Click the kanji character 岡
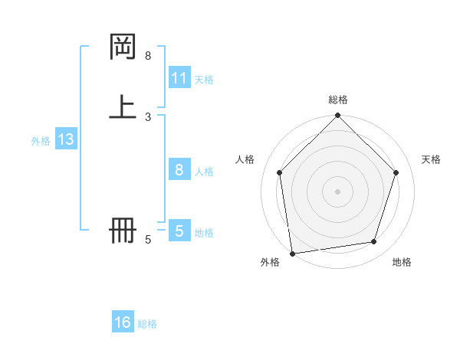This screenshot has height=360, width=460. [123, 47]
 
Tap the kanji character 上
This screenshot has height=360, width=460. [123, 107]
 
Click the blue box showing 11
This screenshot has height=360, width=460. [179, 78]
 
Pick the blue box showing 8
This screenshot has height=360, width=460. [179, 170]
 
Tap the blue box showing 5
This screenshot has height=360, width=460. [179, 231]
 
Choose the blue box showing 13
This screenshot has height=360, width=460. [65, 139]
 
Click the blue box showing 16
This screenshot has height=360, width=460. [123, 322]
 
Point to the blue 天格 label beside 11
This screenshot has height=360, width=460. [204, 79]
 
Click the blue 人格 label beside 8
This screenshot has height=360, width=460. [204, 171]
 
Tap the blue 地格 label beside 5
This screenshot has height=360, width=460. [204, 232]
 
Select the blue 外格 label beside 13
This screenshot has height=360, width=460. [41, 140]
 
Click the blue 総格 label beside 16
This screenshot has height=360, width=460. [147, 324]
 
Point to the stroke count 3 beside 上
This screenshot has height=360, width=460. [148, 116]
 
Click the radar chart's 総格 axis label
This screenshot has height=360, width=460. [338, 100]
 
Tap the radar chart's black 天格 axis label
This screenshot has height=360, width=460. [432, 159]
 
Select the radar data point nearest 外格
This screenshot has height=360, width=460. [292, 253]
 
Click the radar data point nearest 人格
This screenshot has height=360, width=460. [279, 172]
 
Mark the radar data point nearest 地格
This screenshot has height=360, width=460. [374, 242]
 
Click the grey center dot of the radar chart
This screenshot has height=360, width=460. [338, 191]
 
